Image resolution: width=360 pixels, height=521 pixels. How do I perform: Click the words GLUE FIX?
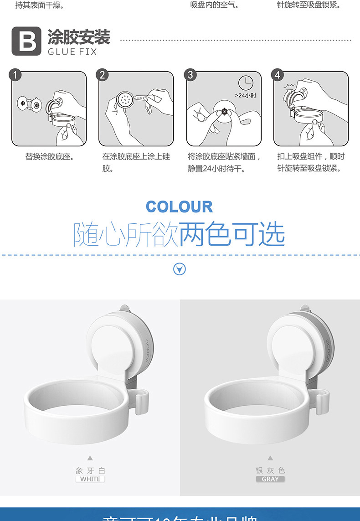[x=72, y=52]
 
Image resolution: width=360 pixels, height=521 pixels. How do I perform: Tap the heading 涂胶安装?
[x=79, y=37]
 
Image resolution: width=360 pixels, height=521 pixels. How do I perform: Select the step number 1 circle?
[x=15, y=75]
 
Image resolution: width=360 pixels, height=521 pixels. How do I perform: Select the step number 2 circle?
[x=103, y=75]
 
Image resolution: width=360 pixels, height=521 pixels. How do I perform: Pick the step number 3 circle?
[x=190, y=75]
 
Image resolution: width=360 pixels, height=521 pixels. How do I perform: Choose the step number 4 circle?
[x=278, y=75]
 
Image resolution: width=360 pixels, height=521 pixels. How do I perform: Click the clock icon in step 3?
[x=246, y=83]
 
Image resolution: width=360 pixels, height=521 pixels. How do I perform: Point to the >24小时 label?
[x=246, y=95]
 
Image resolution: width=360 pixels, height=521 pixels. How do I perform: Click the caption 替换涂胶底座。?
[x=50, y=157]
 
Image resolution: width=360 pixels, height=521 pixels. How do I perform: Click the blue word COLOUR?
[x=179, y=207]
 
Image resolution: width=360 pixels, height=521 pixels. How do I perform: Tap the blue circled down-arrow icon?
[x=180, y=269]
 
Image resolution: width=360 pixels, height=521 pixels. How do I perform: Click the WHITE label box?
[x=90, y=479]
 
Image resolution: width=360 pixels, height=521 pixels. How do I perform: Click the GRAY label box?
[x=270, y=479]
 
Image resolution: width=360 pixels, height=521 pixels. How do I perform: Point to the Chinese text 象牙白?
[x=90, y=470]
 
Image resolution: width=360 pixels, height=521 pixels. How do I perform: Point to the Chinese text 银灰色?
[x=270, y=470]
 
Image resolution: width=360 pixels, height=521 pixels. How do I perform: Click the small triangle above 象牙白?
[x=90, y=458]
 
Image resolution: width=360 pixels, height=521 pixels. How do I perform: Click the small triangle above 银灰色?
[x=270, y=458]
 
